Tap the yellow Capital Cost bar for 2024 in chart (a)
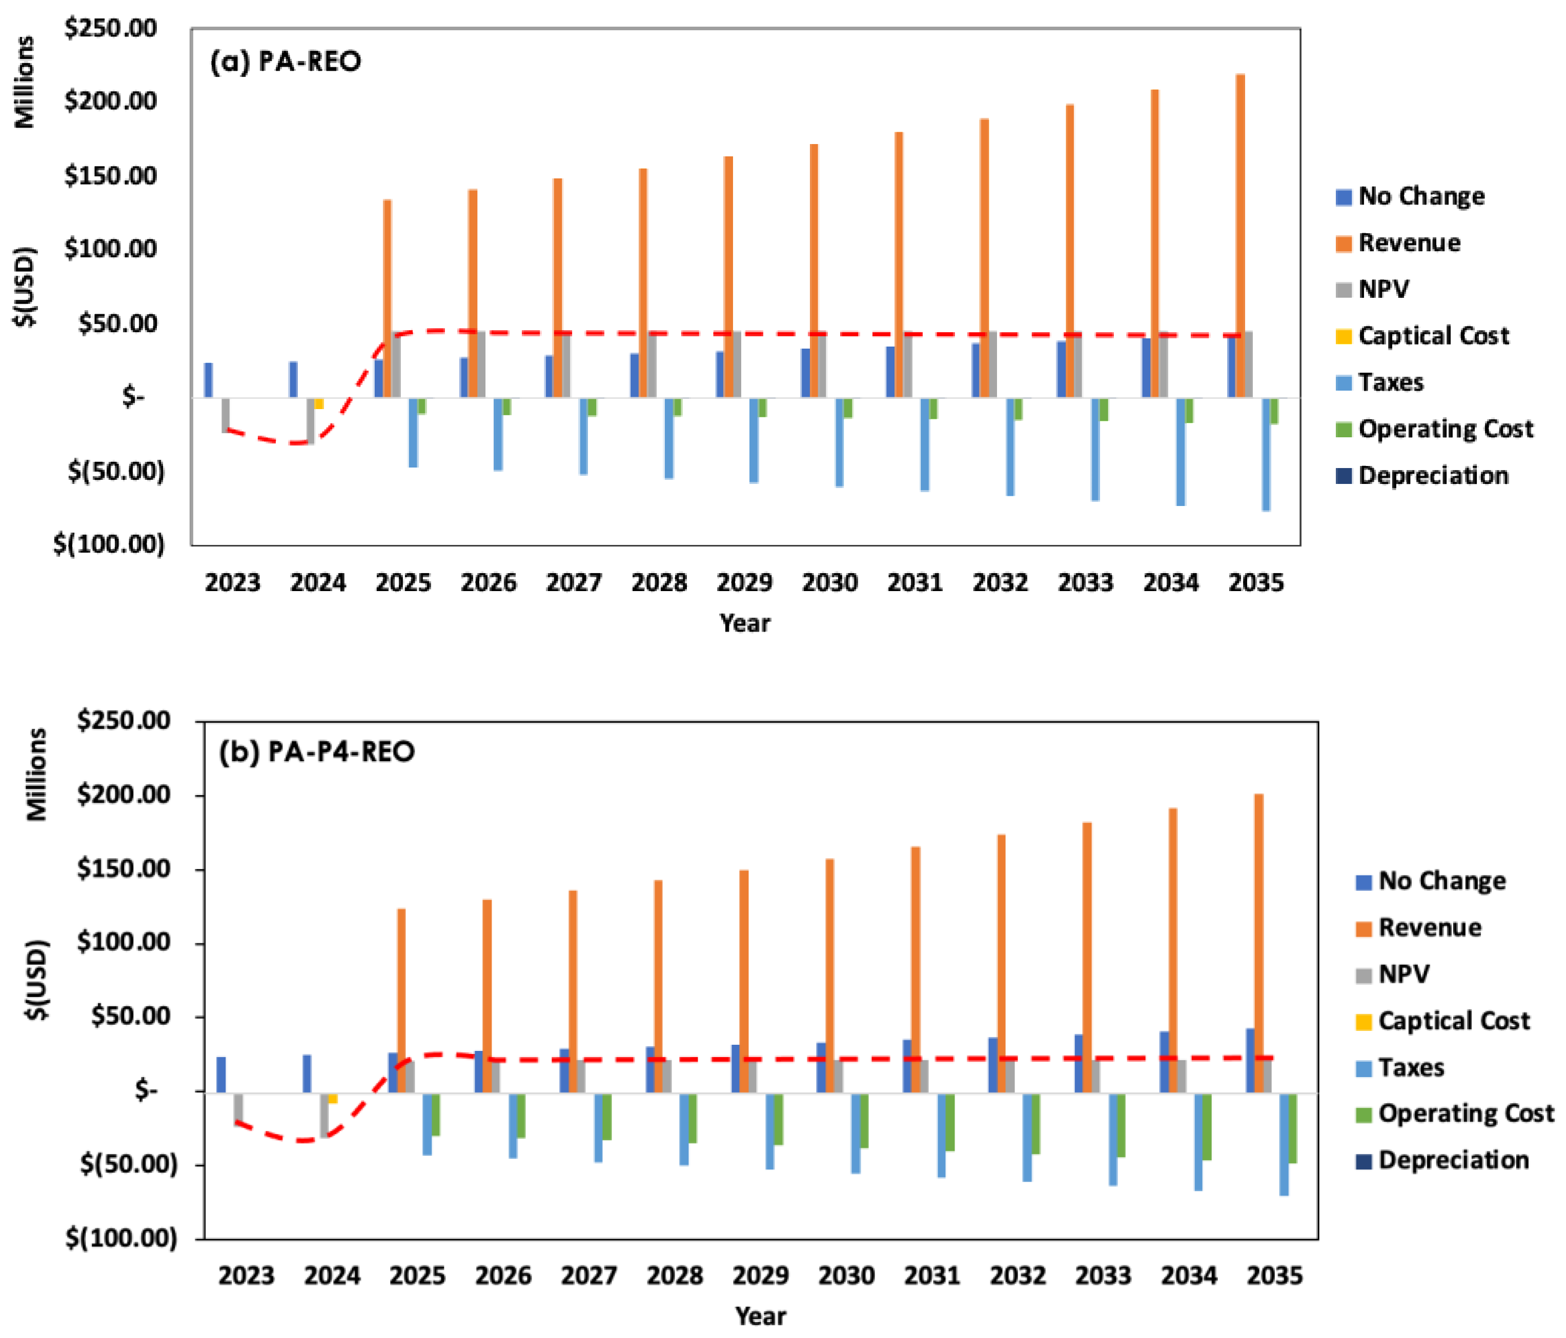pyautogui.click(x=319, y=403)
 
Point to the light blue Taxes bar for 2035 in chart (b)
pyautogui.click(x=1284, y=1143)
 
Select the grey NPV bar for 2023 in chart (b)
pyautogui.click(x=238, y=1107)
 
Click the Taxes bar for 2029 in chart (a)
pyautogui.click(x=754, y=439)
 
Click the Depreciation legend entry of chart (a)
pyautogui.click(x=1432, y=476)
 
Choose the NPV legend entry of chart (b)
pyautogui.click(x=1403, y=974)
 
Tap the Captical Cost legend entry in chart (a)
pyautogui.click(x=1432, y=336)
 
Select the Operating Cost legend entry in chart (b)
pyautogui.click(x=1465, y=1113)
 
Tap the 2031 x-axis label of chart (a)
pyautogui.click(x=914, y=583)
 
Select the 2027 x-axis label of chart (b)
pyautogui.click(x=589, y=1276)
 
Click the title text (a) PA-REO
pyautogui.click(x=286, y=61)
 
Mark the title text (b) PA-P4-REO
pyautogui.click(x=317, y=752)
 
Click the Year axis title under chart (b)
pyautogui.click(x=760, y=1316)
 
